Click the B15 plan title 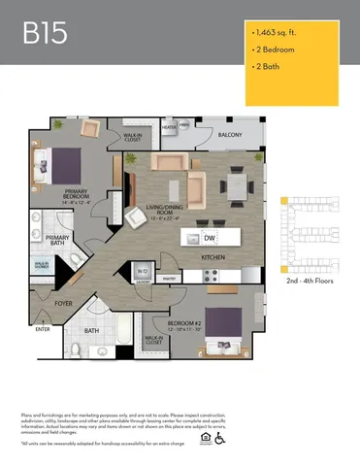click(46, 34)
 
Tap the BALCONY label click(230, 135)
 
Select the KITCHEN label click(213, 256)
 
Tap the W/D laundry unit click(142, 272)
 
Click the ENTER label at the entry click(43, 329)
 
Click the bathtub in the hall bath click(125, 327)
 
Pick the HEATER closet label click(169, 126)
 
